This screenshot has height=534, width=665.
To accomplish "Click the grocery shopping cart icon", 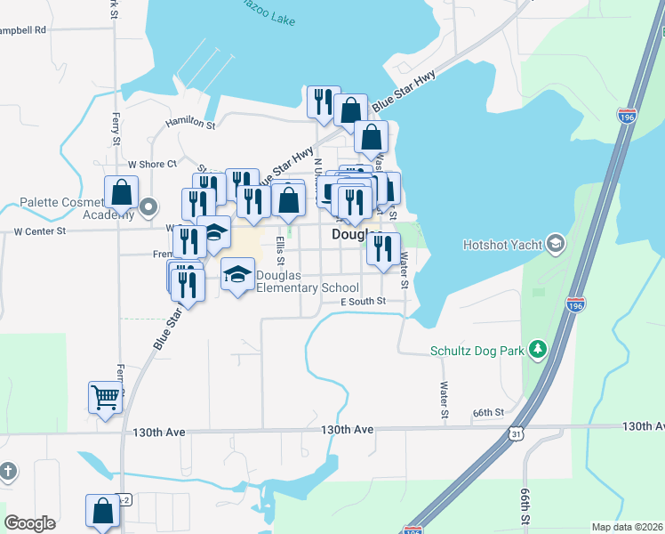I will click(x=105, y=397).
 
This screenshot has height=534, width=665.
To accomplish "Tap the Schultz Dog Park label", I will click(x=477, y=351).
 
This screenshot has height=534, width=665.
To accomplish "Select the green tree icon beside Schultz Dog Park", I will click(x=537, y=350).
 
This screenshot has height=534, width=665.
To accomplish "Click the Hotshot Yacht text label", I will click(x=501, y=243).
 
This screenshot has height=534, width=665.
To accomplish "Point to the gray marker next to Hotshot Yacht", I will click(x=556, y=243).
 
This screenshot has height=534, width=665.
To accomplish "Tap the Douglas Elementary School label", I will click(x=307, y=281).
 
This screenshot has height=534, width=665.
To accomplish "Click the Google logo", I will click(x=29, y=523).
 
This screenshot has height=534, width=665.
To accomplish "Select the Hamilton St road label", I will click(x=190, y=125).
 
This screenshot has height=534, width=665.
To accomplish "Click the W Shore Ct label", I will click(x=152, y=164).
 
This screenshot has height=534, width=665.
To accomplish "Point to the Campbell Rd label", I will click(x=22, y=29).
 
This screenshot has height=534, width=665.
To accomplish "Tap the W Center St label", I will click(x=40, y=231).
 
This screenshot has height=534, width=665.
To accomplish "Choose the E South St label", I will click(x=364, y=302).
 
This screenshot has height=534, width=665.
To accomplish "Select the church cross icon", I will click(x=7, y=471).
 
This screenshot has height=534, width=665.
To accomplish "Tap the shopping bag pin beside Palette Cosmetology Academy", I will click(x=121, y=193).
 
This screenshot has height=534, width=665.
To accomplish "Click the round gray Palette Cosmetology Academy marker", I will click(x=149, y=208).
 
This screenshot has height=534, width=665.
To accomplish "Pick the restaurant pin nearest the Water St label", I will click(x=383, y=248).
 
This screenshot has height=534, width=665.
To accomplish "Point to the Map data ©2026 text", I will click(x=627, y=527).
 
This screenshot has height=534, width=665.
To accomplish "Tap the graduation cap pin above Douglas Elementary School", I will click(x=237, y=273).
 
